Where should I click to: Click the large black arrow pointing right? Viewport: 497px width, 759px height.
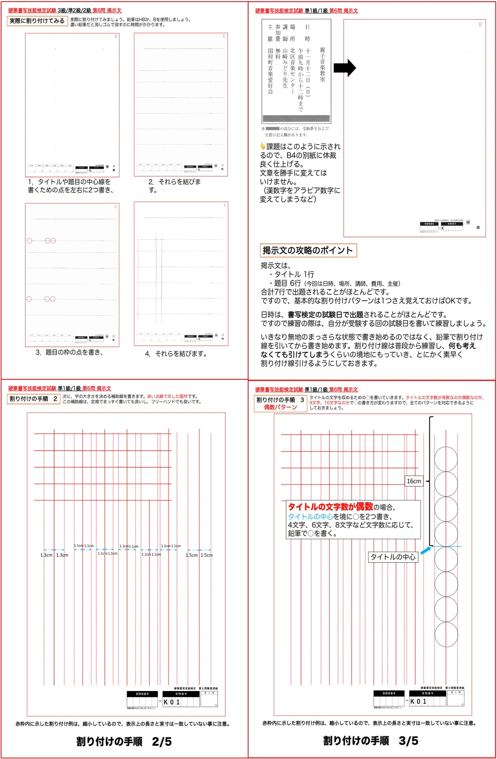tap(345, 68)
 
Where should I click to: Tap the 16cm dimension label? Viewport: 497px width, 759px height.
tap(414, 481)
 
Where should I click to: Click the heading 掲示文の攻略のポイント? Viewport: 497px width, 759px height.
tap(308, 250)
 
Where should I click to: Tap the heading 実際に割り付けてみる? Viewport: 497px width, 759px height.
tap(37, 21)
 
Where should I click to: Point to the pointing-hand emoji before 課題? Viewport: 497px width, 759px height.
tap(262, 146)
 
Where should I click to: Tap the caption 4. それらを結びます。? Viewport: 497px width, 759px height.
tap(176, 354)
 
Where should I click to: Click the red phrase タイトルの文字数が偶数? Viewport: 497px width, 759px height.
tap(330, 506)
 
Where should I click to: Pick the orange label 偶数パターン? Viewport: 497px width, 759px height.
tap(280, 407)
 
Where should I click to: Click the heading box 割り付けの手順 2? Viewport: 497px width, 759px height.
tap(34, 399)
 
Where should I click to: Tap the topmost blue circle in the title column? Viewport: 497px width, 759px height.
tap(446, 459)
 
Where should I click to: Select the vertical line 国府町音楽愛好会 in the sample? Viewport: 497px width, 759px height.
tap(270, 71)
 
